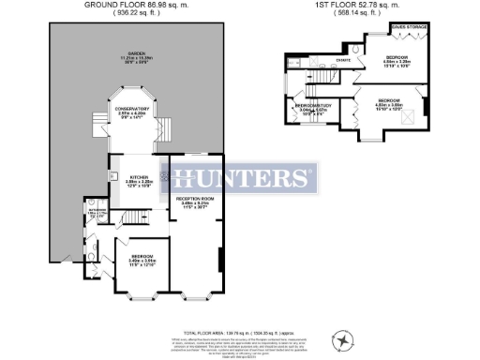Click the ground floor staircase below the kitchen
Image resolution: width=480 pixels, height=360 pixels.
[141, 217]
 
